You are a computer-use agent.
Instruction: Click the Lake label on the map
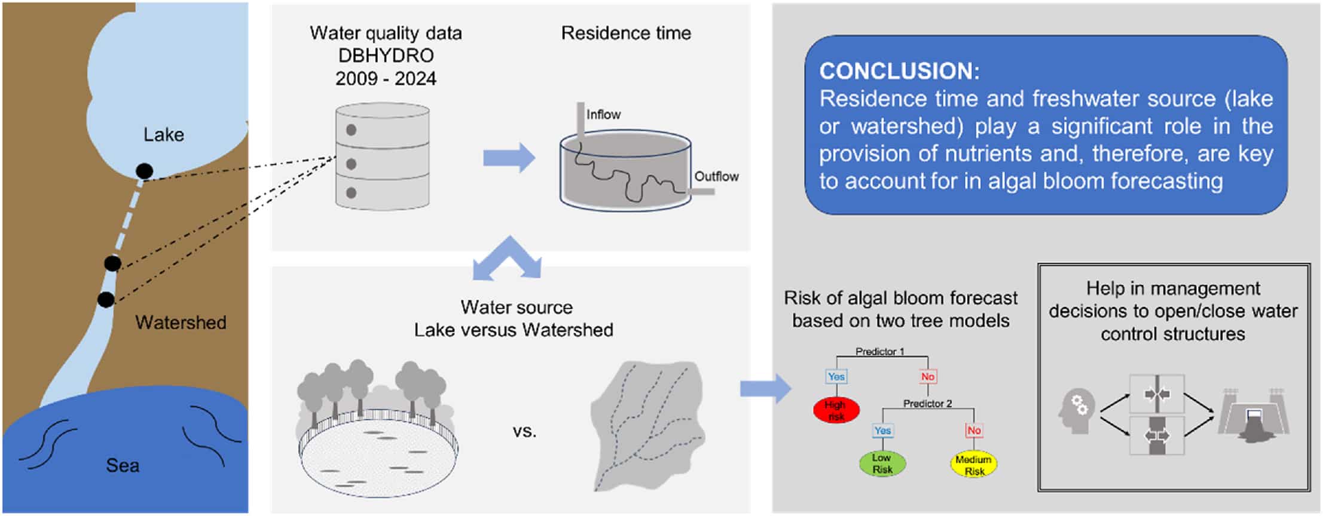(x=163, y=134)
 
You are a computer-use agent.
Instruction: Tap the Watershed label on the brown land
(x=181, y=322)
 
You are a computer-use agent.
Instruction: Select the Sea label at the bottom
(x=123, y=465)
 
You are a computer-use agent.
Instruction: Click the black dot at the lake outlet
(x=144, y=171)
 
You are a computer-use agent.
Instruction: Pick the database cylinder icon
(x=382, y=156)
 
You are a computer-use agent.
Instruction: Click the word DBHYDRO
(x=386, y=56)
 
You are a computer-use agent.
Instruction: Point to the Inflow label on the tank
(x=603, y=114)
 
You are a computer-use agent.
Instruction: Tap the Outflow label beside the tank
(x=716, y=176)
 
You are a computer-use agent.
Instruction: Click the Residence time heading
(x=625, y=33)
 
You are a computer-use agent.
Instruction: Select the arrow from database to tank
(x=509, y=158)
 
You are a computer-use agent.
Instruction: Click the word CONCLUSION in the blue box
(x=896, y=71)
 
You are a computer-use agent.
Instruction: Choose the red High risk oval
(x=836, y=410)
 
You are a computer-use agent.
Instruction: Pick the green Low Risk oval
(x=882, y=463)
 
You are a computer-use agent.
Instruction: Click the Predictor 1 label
(x=879, y=352)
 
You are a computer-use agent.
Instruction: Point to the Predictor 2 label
(x=927, y=404)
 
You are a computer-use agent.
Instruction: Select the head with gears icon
(x=1076, y=411)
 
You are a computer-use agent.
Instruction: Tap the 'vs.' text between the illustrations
(x=524, y=431)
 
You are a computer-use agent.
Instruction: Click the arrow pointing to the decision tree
(x=765, y=389)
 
